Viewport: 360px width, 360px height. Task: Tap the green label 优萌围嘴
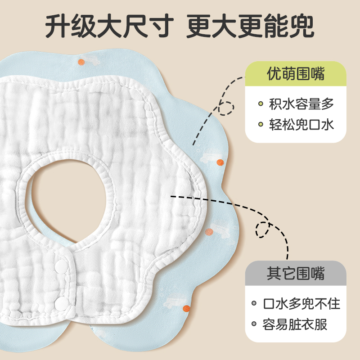[x=296, y=73]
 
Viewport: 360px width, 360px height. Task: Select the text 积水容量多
[x=301, y=104]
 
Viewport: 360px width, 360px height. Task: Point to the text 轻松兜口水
[x=301, y=124]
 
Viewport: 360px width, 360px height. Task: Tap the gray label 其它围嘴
[x=296, y=273]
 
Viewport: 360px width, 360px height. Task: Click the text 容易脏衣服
[x=295, y=324]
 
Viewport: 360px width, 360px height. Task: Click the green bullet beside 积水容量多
[x=261, y=104]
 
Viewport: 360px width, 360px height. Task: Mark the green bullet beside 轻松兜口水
[x=261, y=125]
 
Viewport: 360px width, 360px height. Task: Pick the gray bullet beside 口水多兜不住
[x=254, y=304]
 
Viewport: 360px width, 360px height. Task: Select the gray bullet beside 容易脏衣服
[x=254, y=324]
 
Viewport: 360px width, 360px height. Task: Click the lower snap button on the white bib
[x=59, y=300]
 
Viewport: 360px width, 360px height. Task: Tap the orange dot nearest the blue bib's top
[x=81, y=62]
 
